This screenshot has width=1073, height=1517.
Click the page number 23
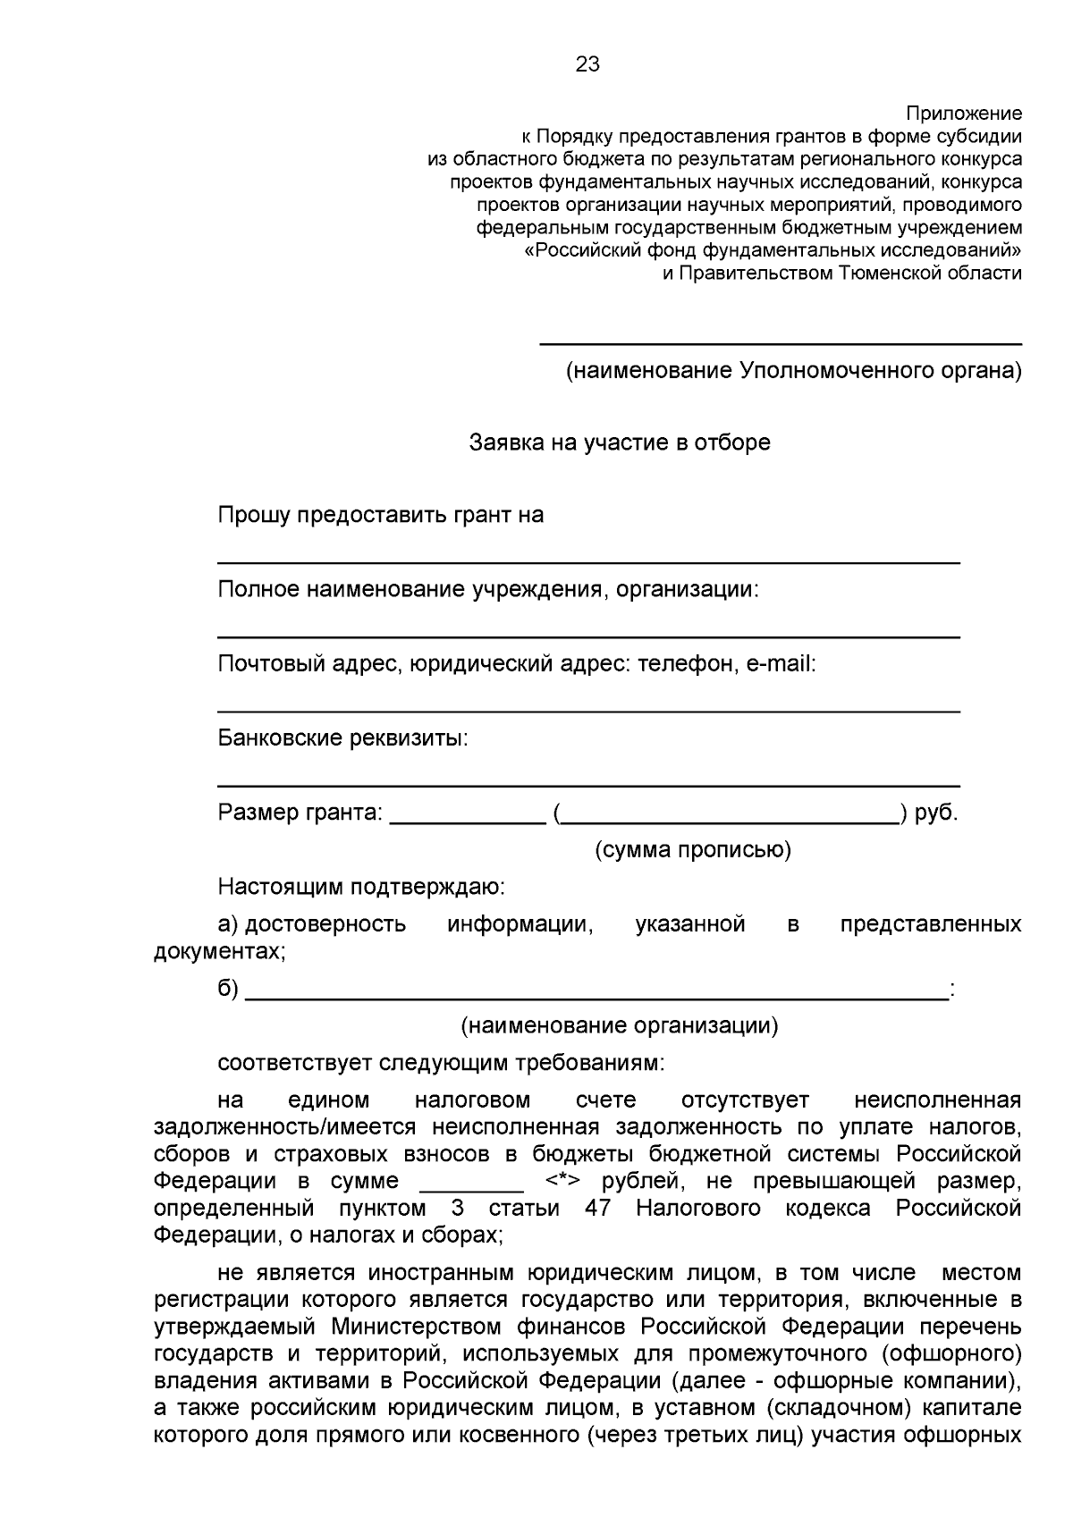click(587, 64)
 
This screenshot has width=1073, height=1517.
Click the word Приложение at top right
click(964, 114)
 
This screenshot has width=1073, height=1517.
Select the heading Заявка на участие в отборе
click(620, 442)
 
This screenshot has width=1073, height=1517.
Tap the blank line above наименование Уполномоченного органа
click(780, 343)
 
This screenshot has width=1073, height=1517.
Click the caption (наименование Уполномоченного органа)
click(793, 370)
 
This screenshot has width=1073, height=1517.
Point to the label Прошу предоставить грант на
click(381, 515)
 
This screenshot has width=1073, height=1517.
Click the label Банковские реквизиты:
click(343, 738)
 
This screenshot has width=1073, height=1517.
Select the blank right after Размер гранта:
click(468, 822)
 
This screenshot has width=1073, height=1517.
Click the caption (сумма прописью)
click(693, 849)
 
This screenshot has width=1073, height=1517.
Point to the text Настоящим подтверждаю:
click(361, 887)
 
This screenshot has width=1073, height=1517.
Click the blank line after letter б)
click(596, 998)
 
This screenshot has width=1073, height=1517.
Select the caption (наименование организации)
click(619, 1025)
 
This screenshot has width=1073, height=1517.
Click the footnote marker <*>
click(562, 1181)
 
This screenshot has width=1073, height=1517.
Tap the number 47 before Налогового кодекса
click(597, 1209)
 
